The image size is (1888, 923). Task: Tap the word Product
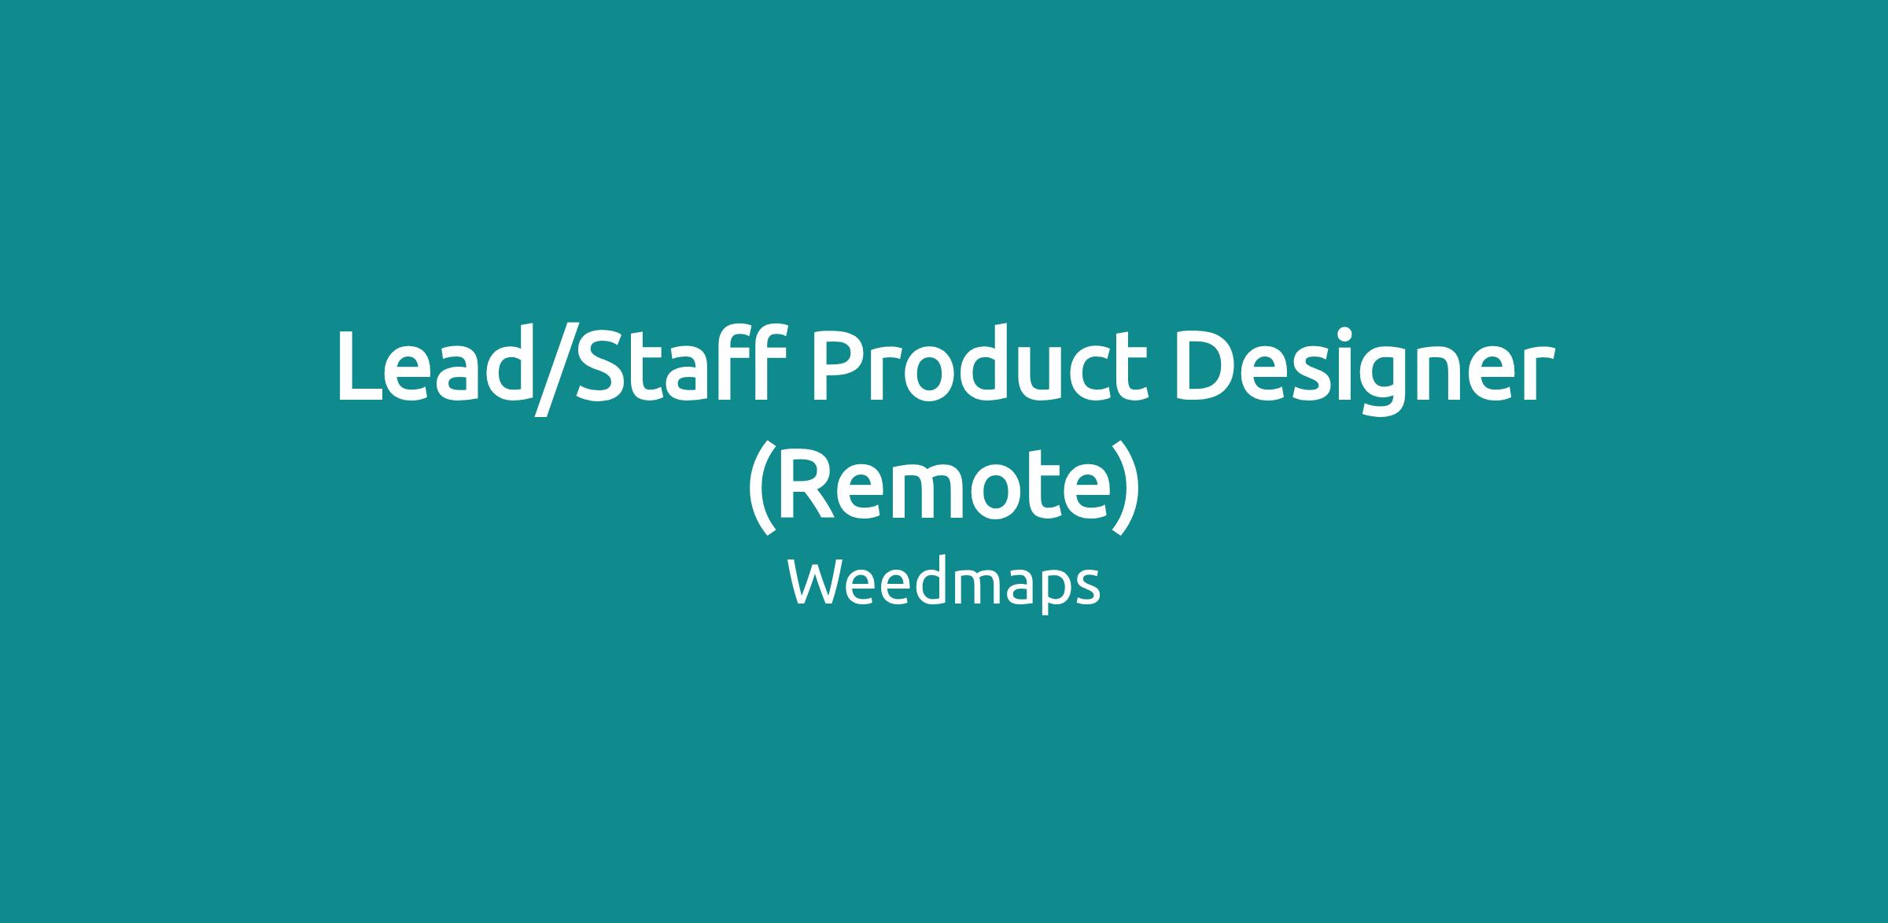point(975,365)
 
